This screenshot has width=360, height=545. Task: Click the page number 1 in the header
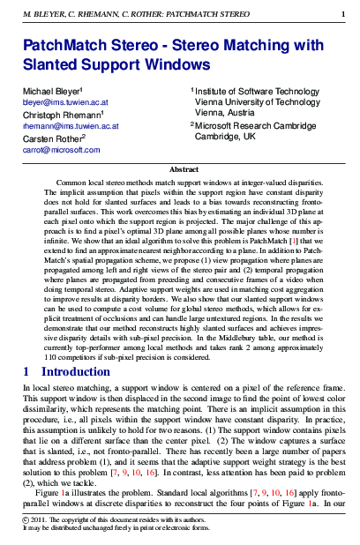click(x=343, y=14)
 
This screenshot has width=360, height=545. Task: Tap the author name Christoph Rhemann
click(x=57, y=115)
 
